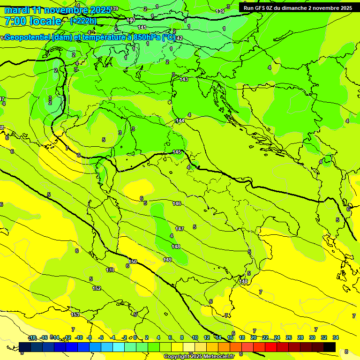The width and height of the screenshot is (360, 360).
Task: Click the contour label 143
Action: [184, 80]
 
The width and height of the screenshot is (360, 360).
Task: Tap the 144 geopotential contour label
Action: [180, 121]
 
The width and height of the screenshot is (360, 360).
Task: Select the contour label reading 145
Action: [177, 152]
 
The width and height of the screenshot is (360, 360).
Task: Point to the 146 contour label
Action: [177, 203]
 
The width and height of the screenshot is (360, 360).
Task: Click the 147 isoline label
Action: [180, 229]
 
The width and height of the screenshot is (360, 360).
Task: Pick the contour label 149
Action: [167, 260]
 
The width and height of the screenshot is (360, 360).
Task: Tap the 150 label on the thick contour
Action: [133, 262]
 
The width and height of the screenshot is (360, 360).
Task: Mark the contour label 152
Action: [97, 288]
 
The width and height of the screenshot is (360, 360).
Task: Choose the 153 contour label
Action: [75, 315]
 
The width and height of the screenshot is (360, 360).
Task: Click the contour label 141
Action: [142, 28]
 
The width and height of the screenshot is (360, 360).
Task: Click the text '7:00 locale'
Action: [33, 21]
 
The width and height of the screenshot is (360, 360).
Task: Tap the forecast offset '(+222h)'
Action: [83, 21]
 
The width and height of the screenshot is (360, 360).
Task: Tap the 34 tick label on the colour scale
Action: [335, 337]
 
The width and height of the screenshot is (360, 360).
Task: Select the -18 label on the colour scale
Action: [32, 337]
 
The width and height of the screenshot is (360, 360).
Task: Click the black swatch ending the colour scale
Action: [329, 347]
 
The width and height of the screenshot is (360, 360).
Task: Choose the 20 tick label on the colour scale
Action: [254, 337]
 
